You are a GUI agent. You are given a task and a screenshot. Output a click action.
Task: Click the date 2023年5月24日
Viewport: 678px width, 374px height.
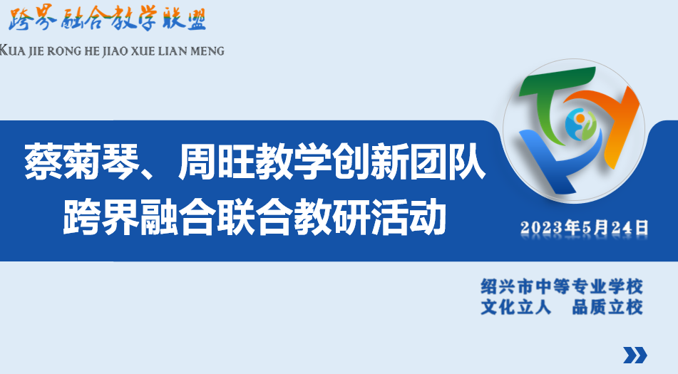click(x=585, y=228)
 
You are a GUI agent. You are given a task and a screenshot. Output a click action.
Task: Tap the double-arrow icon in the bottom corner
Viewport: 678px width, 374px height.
click(x=635, y=355)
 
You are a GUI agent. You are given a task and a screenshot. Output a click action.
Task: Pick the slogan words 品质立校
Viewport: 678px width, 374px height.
click(x=607, y=308)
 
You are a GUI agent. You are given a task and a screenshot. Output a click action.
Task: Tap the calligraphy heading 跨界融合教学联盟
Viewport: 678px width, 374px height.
click(x=107, y=21)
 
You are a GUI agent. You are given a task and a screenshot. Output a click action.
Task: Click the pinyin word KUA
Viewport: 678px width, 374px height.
click(x=13, y=51)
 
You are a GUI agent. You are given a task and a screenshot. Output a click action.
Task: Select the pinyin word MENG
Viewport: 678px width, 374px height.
click(x=207, y=51)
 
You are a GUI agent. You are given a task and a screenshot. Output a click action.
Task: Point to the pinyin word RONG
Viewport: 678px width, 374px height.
click(x=67, y=51)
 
